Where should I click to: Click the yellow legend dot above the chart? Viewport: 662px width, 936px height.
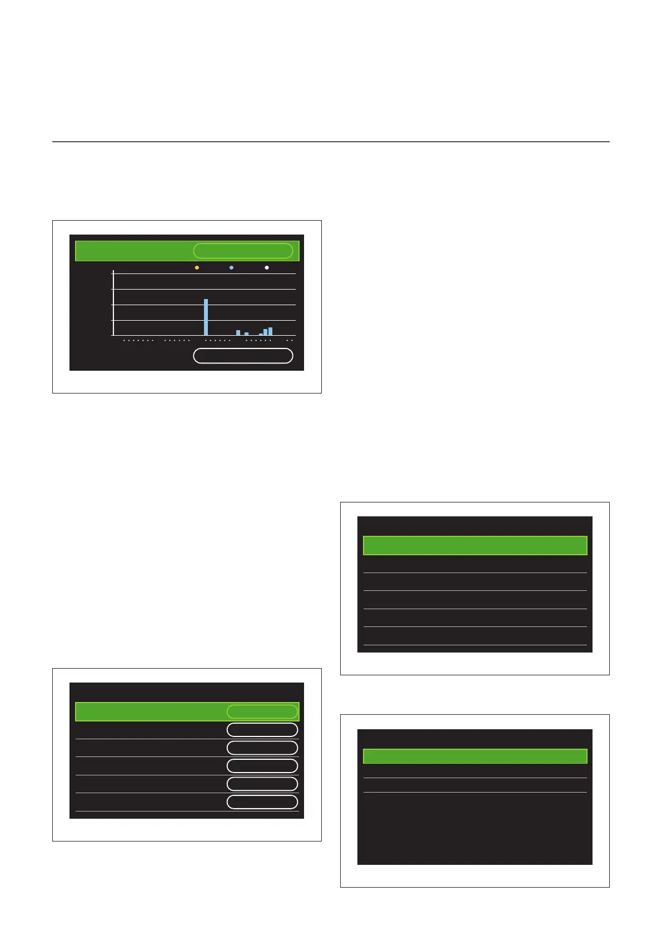[197, 268]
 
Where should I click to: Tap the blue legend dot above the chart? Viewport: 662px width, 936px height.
[231, 268]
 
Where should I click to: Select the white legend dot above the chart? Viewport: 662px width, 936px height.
[267, 268]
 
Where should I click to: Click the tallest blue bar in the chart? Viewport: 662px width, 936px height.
[206, 317]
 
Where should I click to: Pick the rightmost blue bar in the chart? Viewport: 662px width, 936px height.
[271, 331]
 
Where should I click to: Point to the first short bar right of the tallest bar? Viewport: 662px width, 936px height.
[238, 333]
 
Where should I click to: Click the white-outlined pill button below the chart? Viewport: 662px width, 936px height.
[243, 356]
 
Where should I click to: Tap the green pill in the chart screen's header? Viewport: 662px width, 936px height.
[243, 251]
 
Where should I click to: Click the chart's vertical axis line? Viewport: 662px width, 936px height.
[113, 303]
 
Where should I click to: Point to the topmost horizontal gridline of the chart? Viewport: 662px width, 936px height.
[204, 273]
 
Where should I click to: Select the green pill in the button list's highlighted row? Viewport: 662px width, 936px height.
[262, 712]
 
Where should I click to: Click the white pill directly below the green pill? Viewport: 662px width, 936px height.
[262, 730]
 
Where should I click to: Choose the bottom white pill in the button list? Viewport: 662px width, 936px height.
[262, 801]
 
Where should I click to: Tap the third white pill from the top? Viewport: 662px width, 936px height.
[262, 766]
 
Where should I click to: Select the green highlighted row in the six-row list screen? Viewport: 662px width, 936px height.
[475, 546]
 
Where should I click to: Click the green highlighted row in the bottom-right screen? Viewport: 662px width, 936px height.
[475, 756]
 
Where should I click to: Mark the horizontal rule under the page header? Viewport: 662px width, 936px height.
[331, 142]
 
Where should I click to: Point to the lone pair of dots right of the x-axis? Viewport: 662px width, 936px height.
[290, 340]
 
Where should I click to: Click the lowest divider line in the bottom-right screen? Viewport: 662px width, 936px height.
[475, 793]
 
